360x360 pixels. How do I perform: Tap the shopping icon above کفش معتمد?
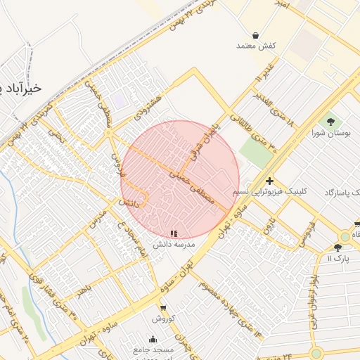(255, 34)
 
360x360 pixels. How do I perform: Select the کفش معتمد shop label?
(255, 46)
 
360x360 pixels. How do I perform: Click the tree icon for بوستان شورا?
(330, 122)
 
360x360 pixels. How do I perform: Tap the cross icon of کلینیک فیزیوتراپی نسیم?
(269, 181)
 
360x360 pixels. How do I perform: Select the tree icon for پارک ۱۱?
(338, 247)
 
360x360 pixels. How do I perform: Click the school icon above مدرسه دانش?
(174, 233)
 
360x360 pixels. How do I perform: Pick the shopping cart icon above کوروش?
(163, 307)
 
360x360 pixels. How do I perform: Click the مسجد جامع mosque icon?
(153, 338)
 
